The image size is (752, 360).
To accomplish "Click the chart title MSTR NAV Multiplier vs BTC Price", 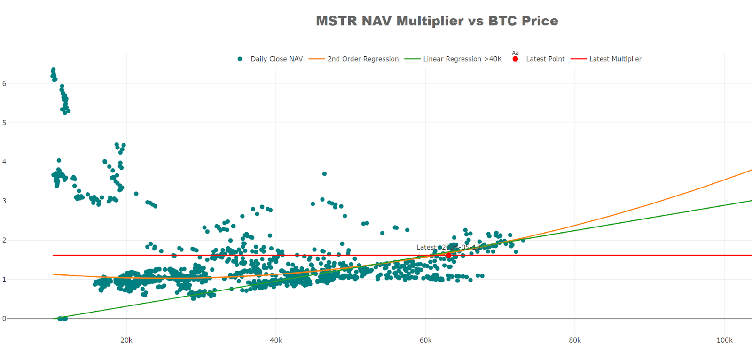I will click(x=437, y=21).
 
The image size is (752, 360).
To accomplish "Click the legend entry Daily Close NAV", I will click(x=276, y=59).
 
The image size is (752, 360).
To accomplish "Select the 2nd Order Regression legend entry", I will click(x=363, y=59).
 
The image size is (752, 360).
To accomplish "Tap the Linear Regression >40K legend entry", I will click(x=462, y=59).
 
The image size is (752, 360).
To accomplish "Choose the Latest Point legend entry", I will click(x=545, y=59).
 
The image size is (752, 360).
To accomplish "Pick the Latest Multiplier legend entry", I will click(x=615, y=59).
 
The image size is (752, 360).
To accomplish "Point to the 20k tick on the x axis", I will click(x=126, y=340).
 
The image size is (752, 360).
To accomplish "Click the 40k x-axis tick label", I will click(x=276, y=340).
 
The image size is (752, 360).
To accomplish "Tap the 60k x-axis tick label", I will click(x=425, y=340).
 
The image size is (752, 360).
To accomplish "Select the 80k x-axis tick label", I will click(x=575, y=340).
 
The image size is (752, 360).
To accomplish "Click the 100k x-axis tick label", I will click(x=724, y=340).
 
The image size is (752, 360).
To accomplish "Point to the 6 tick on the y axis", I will click(x=4, y=84).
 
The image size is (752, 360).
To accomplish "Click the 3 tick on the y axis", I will click(x=4, y=201).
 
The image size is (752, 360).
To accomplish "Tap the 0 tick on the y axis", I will click(x=4, y=319).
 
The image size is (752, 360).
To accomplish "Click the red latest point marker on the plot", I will click(x=448, y=255).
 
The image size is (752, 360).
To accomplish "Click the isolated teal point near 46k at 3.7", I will click(x=324, y=174).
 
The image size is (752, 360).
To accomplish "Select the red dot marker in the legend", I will click(x=515, y=59).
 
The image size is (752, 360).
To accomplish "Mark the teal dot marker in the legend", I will click(x=240, y=59).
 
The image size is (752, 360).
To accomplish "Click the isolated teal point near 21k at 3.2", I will click(x=136, y=194).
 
